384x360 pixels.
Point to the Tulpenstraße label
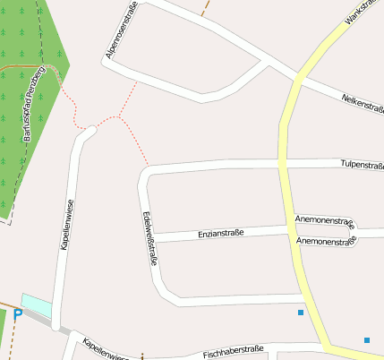362,165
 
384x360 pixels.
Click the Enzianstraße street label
220,234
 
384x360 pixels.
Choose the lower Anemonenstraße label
325,241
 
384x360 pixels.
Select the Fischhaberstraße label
232,354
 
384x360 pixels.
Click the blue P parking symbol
17,314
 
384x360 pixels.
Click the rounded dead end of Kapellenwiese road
88,133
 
